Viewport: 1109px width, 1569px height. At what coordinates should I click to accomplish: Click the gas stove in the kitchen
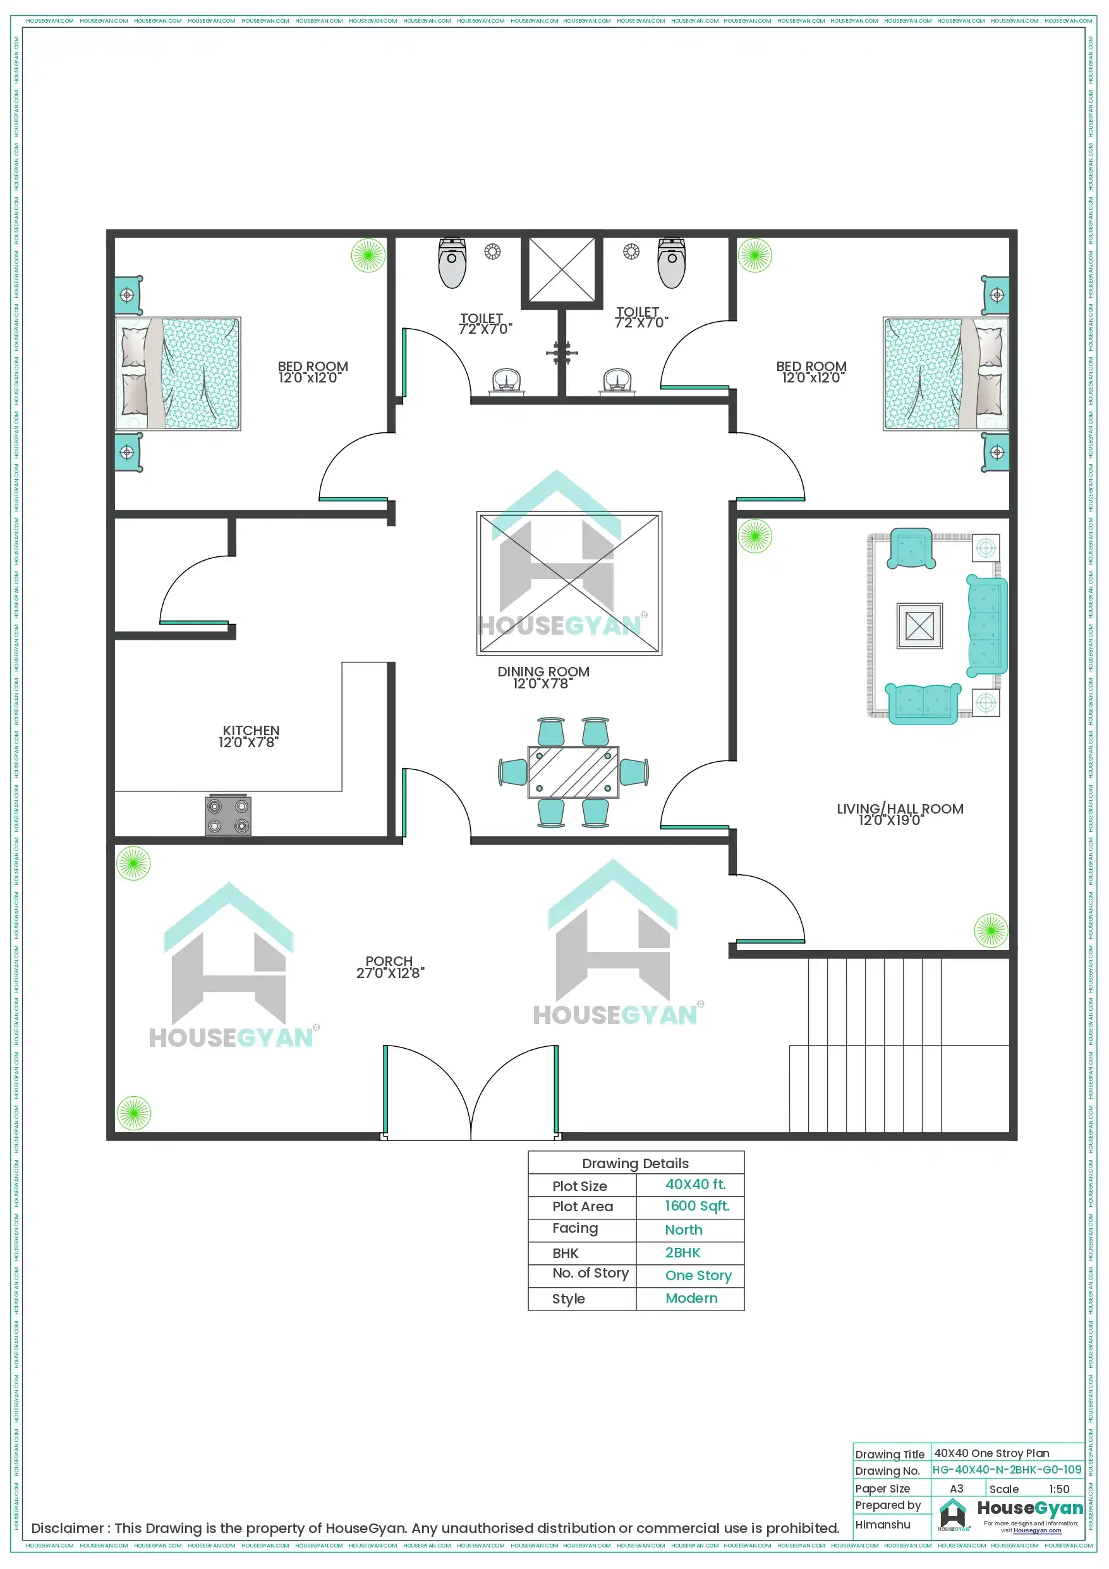point(228,815)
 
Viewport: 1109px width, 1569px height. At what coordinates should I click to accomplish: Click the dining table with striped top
point(573,772)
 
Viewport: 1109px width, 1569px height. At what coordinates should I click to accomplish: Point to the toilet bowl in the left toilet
point(452,264)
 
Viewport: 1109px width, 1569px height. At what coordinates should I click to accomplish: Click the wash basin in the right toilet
point(617,381)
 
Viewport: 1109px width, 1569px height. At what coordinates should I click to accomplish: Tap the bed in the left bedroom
point(179,374)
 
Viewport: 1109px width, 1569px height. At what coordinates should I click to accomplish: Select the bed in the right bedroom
point(945,374)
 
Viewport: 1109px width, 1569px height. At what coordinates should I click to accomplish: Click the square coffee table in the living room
point(919,625)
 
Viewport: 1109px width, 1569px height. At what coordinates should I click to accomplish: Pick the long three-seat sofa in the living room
point(986,625)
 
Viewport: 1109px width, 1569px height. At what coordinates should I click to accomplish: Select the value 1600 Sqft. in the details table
point(696,1206)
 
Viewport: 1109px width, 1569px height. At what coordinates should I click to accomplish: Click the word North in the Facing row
point(683,1230)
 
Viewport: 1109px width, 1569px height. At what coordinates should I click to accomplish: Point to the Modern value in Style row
point(691,1298)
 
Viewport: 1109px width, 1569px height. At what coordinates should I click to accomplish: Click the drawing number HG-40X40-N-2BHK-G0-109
point(1006,1469)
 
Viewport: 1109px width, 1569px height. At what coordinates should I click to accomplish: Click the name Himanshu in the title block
point(882,1524)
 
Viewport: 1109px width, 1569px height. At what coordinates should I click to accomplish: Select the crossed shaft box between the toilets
point(562,269)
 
